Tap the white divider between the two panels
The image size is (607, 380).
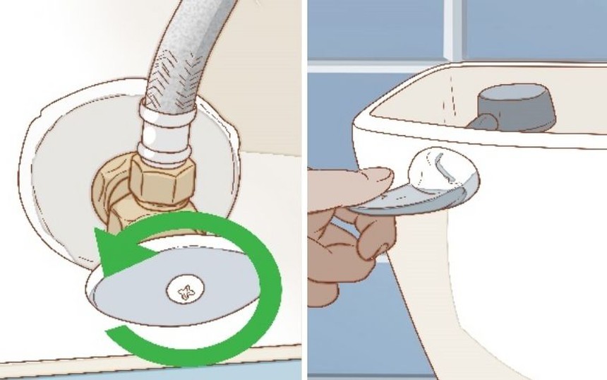point(304,190)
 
